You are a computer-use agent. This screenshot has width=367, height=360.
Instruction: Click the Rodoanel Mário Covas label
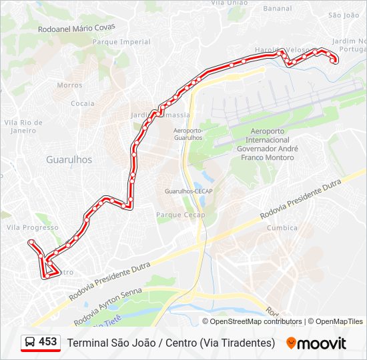click(77, 28)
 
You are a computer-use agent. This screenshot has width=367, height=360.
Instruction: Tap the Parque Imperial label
click(121, 42)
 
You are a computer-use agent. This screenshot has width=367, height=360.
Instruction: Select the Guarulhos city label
click(69, 160)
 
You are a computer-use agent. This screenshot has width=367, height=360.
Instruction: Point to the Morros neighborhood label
click(70, 85)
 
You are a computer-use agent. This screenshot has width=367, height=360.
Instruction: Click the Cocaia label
click(83, 103)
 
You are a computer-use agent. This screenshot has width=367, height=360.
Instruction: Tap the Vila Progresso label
click(32, 227)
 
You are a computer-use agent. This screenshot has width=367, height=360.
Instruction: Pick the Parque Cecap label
click(180, 215)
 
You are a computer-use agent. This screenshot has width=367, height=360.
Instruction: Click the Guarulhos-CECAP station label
click(188, 191)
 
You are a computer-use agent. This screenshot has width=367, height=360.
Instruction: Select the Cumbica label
click(282, 227)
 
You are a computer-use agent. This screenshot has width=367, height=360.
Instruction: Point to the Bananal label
click(277, 9)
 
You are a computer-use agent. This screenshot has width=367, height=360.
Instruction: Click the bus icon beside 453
click(31, 342)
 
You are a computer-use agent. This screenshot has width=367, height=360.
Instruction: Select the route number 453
click(48, 342)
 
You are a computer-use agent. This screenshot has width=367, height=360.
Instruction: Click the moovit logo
click(316, 343)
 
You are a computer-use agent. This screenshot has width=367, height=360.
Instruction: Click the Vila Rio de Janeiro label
click(23, 127)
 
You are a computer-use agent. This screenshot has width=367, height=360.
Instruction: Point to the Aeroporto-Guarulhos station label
click(188, 133)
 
